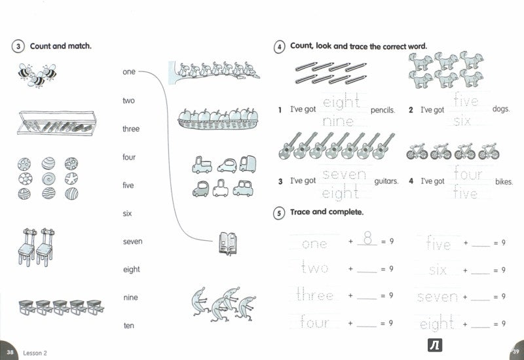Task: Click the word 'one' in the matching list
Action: click(x=128, y=72)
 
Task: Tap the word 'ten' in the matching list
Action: click(x=128, y=325)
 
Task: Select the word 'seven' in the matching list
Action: click(x=132, y=242)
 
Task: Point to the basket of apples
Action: click(x=217, y=118)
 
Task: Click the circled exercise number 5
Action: click(x=278, y=213)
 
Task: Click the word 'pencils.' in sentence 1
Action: click(x=383, y=111)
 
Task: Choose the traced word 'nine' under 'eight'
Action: click(x=339, y=121)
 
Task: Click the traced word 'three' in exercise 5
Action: click(x=315, y=296)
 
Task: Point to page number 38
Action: click(x=9, y=351)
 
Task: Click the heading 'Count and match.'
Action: click(x=61, y=46)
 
